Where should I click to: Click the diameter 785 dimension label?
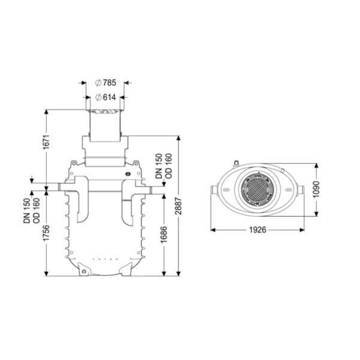(x=106, y=83)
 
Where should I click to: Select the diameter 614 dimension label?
(x=106, y=98)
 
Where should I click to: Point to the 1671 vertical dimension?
(x=46, y=142)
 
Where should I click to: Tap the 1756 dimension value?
(x=46, y=233)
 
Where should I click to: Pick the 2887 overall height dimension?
(x=178, y=206)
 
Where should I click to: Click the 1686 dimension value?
(x=164, y=235)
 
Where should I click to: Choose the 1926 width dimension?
(x=257, y=230)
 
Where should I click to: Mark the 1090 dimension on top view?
(x=316, y=190)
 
